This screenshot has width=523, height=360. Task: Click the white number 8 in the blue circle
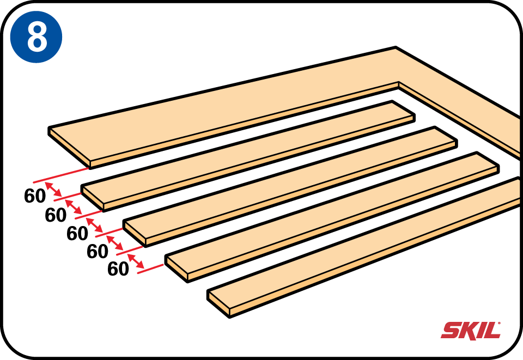pos(37,36)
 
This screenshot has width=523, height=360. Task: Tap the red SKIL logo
pos(471,331)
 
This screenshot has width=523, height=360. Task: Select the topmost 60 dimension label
pos(35,196)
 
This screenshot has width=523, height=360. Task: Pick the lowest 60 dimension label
pos(118,269)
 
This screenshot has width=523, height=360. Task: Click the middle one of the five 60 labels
pos(77,233)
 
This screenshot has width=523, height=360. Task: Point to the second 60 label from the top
pos(56,215)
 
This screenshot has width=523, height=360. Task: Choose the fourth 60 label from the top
pos(98,251)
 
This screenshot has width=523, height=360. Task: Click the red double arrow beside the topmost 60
pos(53,190)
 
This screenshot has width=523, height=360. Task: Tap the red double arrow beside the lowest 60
pos(136,261)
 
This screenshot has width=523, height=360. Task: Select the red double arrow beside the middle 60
pos(94,225)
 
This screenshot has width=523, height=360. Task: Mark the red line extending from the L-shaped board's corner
pos(61,175)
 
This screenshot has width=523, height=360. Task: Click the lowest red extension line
pos(150,269)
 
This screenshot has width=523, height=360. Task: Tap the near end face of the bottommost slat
pos(218,303)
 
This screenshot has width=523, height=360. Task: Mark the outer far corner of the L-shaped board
pos(396,47)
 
